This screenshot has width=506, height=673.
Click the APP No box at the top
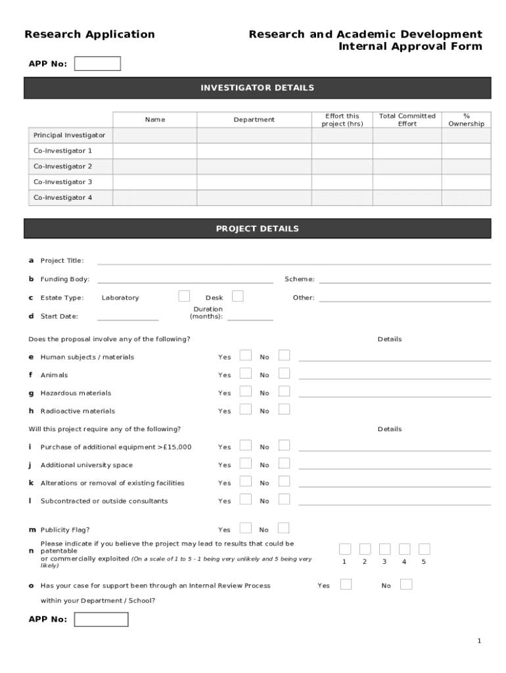click(97, 64)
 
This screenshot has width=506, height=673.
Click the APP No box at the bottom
click(101, 619)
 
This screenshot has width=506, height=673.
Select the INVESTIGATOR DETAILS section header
click(257, 88)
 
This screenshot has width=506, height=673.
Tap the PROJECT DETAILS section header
click(257, 229)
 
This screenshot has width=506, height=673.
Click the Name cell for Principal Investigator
click(155, 135)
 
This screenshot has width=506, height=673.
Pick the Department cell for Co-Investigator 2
click(254, 167)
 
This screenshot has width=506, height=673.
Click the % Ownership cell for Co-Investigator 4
click(466, 198)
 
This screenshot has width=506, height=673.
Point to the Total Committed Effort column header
click(407, 120)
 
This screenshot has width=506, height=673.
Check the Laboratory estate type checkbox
click(185, 296)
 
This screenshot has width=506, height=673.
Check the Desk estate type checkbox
click(238, 296)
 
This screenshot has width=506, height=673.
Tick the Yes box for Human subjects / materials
click(245, 356)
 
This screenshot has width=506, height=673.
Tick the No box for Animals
click(284, 373)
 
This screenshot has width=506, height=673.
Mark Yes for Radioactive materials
click(245, 409)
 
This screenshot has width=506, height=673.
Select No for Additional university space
click(284, 463)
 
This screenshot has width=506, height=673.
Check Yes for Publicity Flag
click(245, 528)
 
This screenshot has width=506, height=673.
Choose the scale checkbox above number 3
click(385, 549)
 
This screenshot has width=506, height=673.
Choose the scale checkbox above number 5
click(425, 549)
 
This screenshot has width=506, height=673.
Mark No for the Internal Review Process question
click(406, 584)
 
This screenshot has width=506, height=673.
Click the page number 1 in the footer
click(480, 641)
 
